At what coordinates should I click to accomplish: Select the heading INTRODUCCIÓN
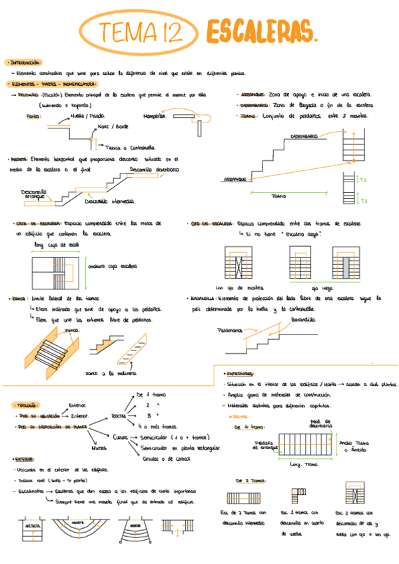click(23, 62)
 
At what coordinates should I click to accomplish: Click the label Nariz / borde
click(113, 126)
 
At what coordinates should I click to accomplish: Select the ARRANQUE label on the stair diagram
click(234, 179)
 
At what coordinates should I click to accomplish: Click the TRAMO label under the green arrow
click(279, 196)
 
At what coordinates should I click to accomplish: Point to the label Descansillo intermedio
click(110, 202)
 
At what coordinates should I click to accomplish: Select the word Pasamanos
click(228, 330)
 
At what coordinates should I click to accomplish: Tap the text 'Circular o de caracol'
click(167, 458)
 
